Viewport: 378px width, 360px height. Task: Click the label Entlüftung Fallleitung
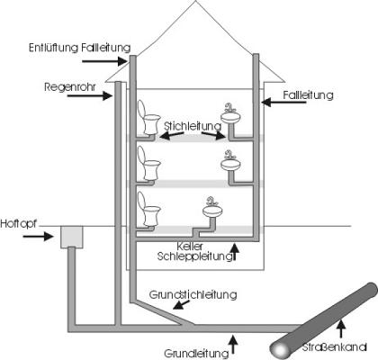(x=80, y=48)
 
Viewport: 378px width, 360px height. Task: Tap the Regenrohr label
(x=70, y=87)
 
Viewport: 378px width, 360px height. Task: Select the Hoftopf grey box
(x=72, y=237)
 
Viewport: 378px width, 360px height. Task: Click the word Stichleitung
(x=193, y=126)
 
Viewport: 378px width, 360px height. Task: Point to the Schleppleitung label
(x=194, y=256)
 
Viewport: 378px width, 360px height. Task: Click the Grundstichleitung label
(x=193, y=295)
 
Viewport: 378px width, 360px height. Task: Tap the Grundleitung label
(x=196, y=353)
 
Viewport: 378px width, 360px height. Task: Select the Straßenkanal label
(x=334, y=347)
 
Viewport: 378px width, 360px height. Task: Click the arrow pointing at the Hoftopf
(x=38, y=237)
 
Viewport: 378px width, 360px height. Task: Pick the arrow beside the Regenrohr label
(x=89, y=96)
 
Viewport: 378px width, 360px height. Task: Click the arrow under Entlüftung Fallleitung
(x=104, y=61)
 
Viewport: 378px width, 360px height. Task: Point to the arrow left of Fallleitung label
(x=283, y=102)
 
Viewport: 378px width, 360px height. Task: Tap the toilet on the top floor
(x=148, y=117)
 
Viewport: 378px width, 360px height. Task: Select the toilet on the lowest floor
(x=148, y=209)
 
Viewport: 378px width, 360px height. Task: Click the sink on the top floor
(x=230, y=114)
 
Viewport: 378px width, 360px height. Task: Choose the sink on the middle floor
(x=230, y=161)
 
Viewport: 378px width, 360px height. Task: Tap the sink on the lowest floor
(x=212, y=208)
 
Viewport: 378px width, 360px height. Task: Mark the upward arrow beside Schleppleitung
(x=235, y=252)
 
